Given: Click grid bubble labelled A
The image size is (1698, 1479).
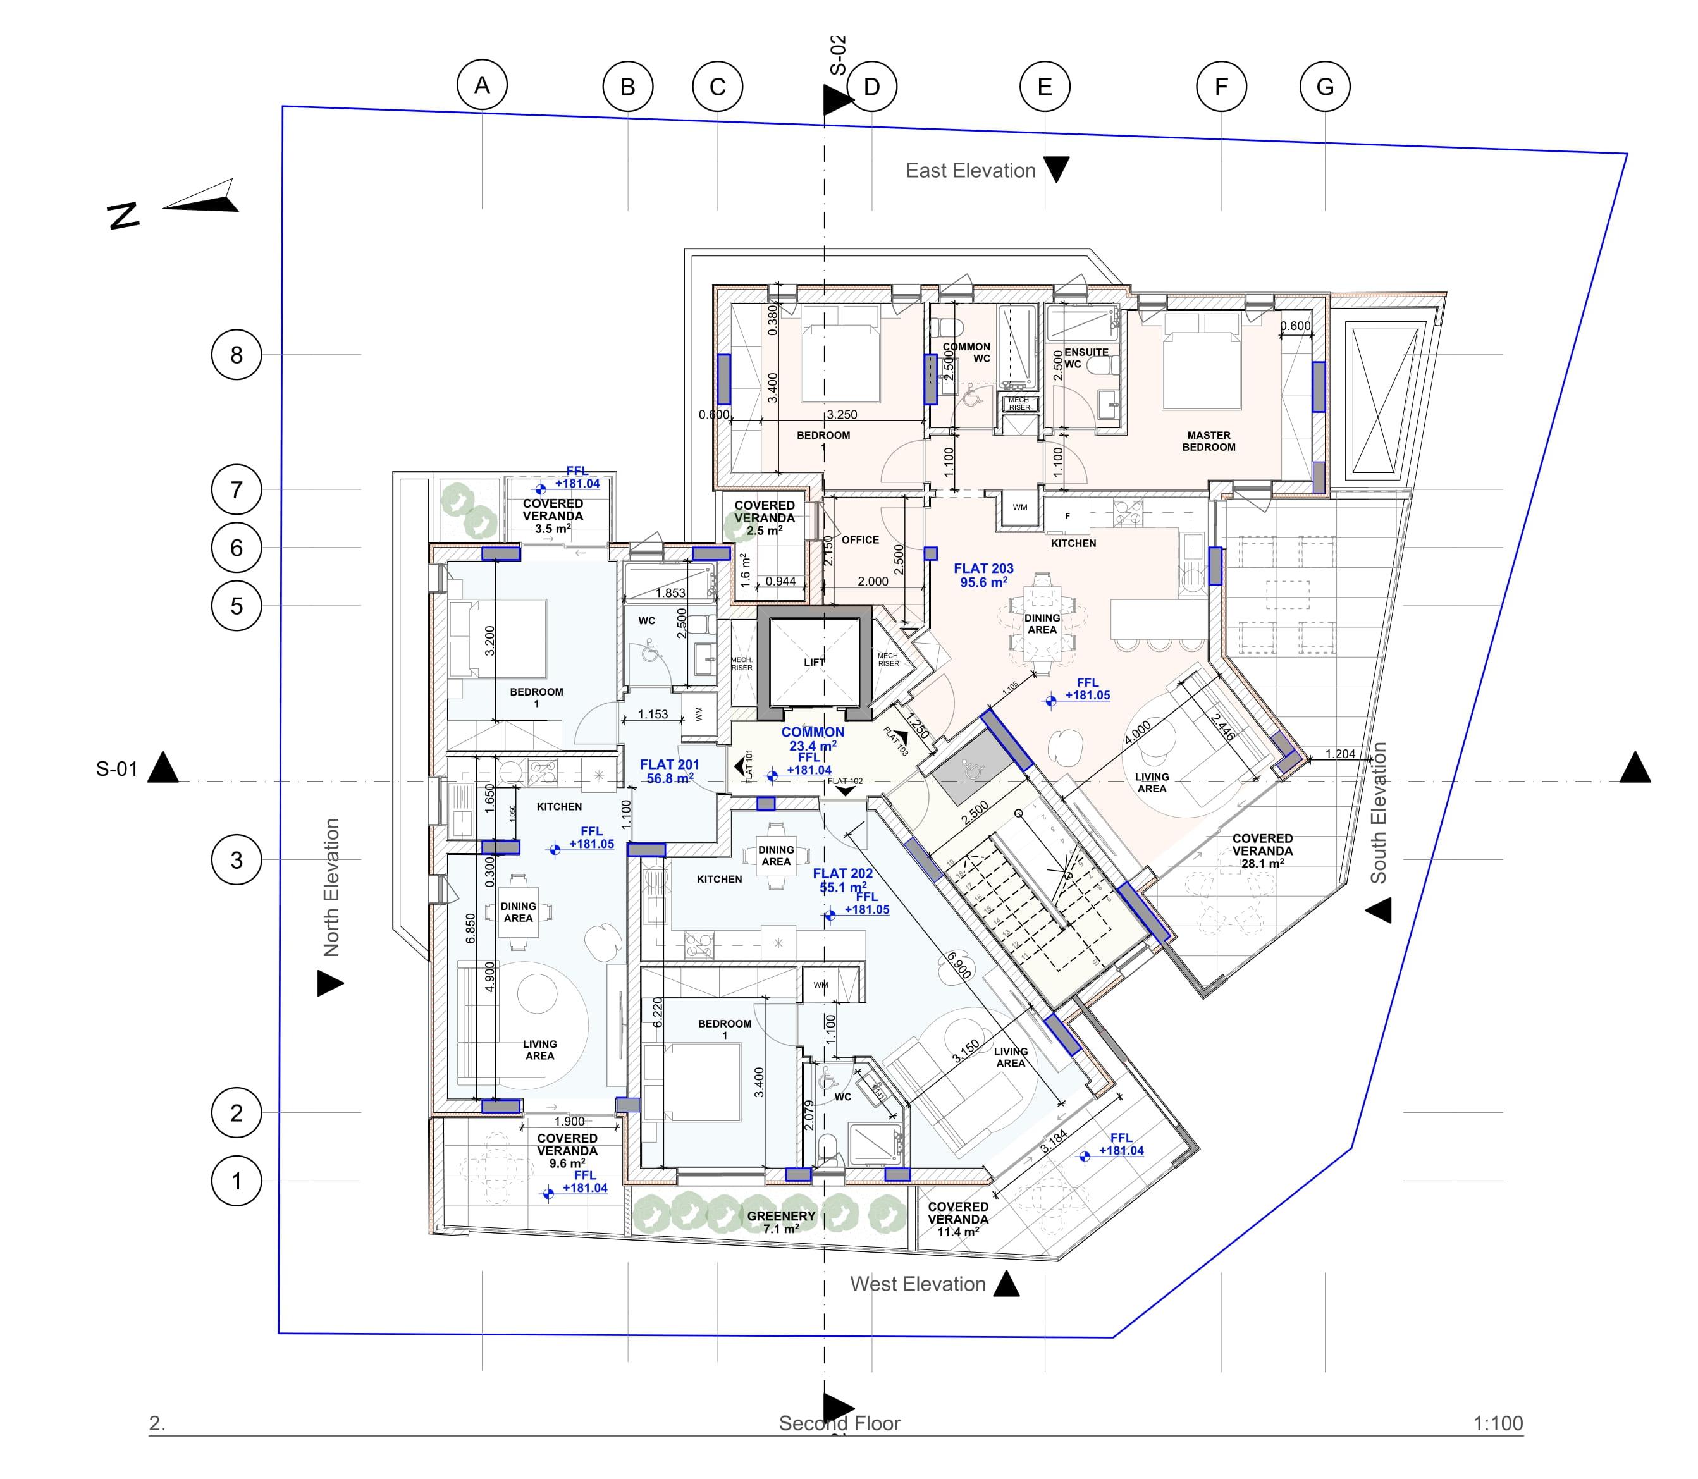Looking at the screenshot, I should click(x=482, y=85).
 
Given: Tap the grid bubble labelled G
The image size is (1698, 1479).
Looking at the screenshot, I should click(x=1325, y=87).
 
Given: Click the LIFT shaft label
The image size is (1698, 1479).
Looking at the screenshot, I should click(x=814, y=662).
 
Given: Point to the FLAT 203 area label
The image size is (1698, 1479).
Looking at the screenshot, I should click(x=983, y=575).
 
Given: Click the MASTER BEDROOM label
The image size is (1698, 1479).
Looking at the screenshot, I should click(x=1209, y=441).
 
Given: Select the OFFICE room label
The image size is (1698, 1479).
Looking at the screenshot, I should click(x=860, y=540).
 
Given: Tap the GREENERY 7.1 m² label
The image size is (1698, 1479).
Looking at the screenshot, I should click(x=781, y=1222).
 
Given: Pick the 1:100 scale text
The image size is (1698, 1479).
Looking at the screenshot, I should click(x=1498, y=1423).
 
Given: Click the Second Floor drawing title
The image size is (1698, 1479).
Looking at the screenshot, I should click(x=839, y=1423).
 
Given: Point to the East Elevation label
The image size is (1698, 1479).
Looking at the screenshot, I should click(x=970, y=171).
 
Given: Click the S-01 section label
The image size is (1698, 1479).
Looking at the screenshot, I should click(x=116, y=769).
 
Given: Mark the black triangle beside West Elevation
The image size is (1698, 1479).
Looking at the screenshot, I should click(x=1006, y=1284).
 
